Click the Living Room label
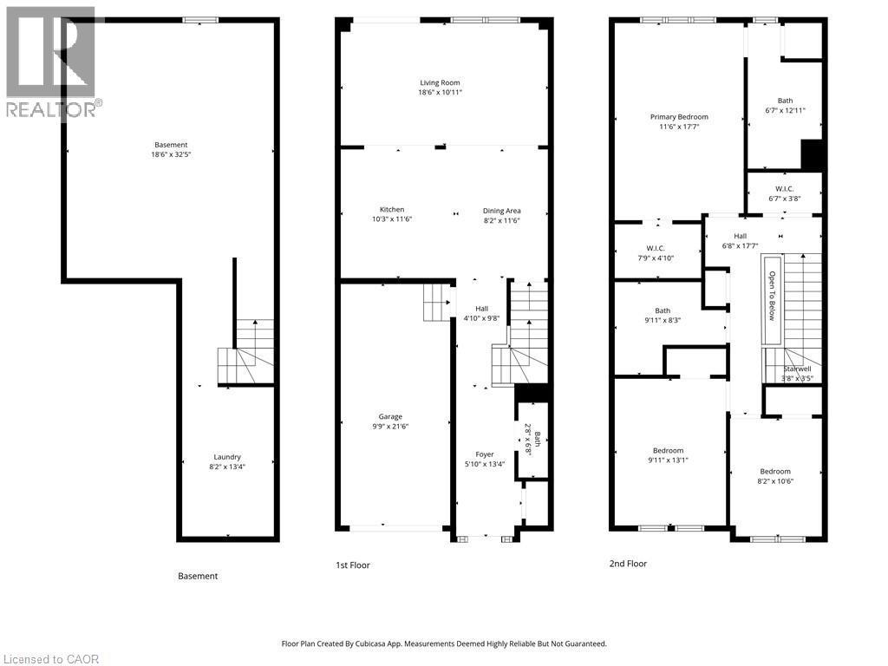pos(440,82)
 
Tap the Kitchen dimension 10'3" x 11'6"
pos(392,219)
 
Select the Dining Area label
pos(501,210)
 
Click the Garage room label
pos(389,416)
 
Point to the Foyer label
pos(484,454)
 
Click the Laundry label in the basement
pos(227,457)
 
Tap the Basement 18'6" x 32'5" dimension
pos(171,155)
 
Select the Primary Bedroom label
pos(679,117)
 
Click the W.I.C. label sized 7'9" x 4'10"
pos(655,248)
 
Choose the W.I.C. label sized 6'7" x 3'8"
pos(784,188)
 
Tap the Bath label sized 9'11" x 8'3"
pos(663,310)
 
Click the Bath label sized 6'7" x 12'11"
pos(784,101)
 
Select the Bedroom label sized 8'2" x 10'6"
pos(774,472)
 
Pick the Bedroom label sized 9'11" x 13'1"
pos(668,450)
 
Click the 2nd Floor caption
pos(627,564)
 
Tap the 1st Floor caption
pos(352,565)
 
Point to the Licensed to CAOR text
pos(50,659)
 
